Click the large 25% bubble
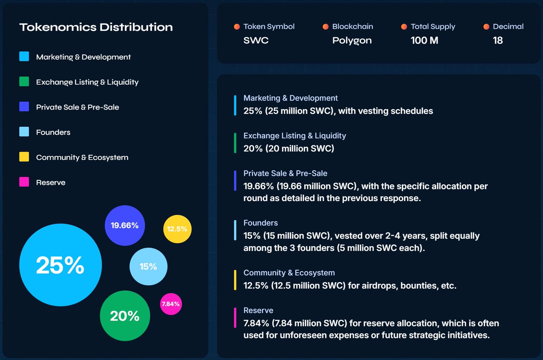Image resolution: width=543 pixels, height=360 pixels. point(61,265)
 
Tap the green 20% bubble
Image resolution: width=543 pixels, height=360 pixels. point(125,316)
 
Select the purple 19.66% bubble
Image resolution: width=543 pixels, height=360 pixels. point(124,226)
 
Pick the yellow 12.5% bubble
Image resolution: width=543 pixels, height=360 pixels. point(177,229)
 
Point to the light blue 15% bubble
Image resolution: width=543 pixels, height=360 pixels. point(148,266)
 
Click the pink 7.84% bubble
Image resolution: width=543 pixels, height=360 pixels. point(171,304)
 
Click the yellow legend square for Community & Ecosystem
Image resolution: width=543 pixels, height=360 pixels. point(24,157)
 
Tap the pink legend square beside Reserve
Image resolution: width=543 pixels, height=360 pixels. point(24,182)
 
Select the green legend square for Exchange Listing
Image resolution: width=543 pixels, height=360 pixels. point(24,82)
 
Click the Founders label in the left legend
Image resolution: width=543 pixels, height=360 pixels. point(53,132)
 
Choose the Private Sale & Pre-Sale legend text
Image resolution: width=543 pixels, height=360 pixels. point(77,107)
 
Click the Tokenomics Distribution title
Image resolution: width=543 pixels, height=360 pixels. point(96,27)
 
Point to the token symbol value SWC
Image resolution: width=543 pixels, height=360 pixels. point(256,40)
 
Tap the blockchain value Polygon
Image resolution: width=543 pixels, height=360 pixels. point(352,40)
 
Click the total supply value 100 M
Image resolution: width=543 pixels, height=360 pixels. point(424,40)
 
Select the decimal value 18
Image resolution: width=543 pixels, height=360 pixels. point(498,40)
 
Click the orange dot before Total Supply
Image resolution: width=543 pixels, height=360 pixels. point(404,27)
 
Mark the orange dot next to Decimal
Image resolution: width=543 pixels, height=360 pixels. point(486,27)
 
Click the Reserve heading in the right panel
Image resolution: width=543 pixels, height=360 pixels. point(258,310)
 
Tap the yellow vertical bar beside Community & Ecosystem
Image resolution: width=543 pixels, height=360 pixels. point(235,280)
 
